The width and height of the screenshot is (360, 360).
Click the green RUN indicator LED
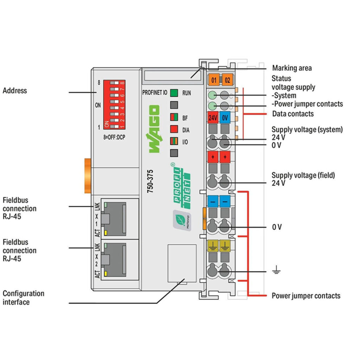pyautogui.click(x=174, y=93)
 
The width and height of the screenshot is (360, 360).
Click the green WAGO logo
pyautogui.click(x=153, y=129)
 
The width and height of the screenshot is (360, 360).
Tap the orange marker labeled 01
pyautogui.click(x=213, y=80)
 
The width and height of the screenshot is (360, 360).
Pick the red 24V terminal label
pyautogui.click(x=213, y=118)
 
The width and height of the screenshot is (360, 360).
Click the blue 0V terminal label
pyautogui.click(x=225, y=118)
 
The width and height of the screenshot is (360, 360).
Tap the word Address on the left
pyautogui.click(x=15, y=91)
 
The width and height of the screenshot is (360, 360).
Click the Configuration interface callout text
pyautogui.click(x=24, y=297)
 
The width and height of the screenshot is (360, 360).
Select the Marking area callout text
pyautogui.click(x=292, y=68)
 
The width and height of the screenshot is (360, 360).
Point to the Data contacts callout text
pyautogui.click(x=293, y=114)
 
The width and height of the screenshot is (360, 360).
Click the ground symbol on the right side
pyautogui.click(x=276, y=271)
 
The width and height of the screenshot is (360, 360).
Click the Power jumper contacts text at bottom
pyautogui.click(x=306, y=296)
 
